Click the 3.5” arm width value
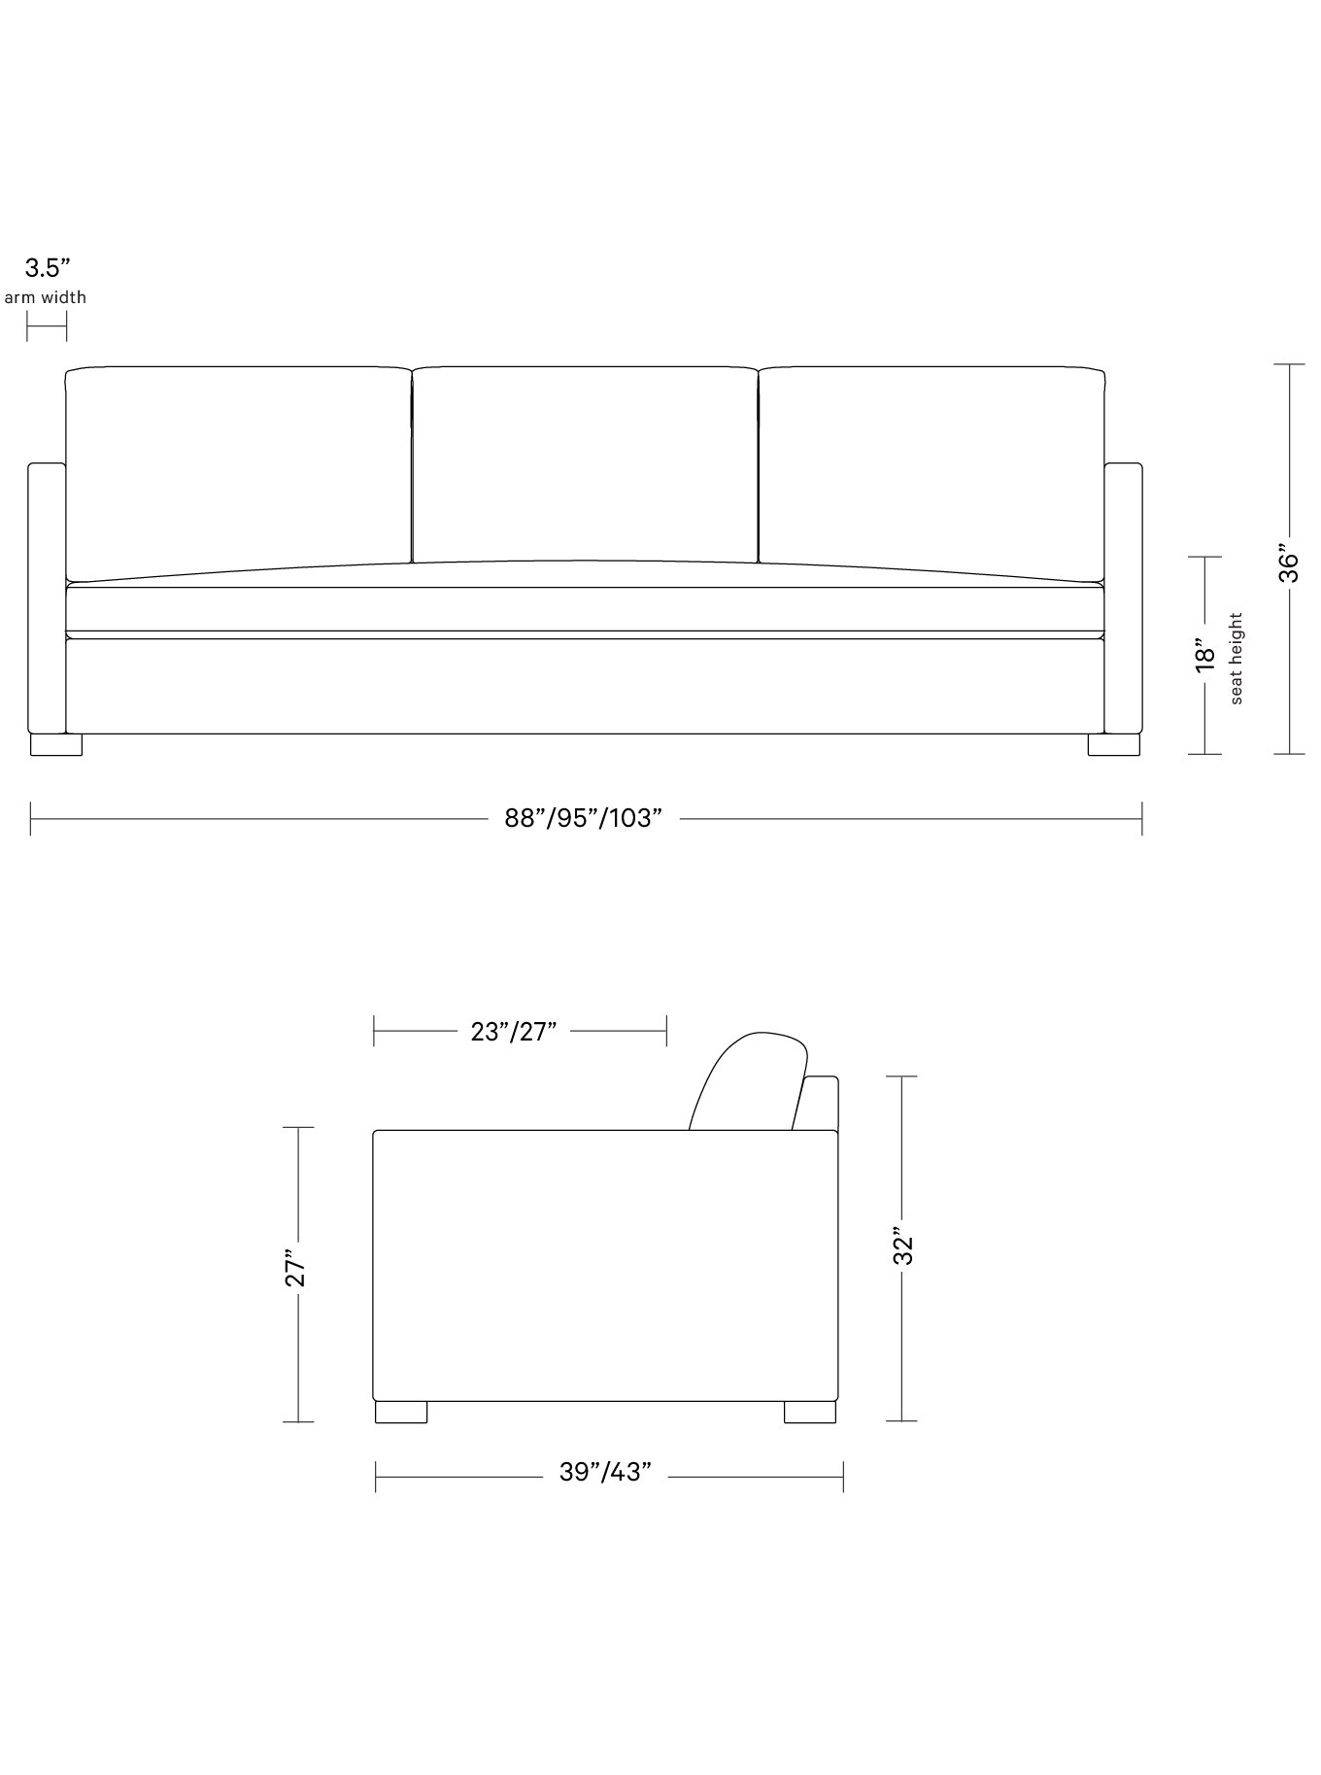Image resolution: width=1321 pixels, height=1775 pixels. coord(48,268)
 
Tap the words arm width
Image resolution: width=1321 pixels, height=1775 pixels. coord(46,297)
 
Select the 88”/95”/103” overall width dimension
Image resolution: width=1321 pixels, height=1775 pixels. coord(583,818)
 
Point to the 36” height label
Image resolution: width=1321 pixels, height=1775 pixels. coord(1288,562)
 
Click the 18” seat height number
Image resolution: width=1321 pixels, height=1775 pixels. coord(1204,655)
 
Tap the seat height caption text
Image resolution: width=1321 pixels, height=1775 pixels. coord(1236,658)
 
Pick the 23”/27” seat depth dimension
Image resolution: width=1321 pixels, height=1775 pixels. coord(514,1031)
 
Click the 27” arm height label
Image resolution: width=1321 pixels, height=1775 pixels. coord(296,1269)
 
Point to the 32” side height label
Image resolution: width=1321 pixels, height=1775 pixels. coord(903,1249)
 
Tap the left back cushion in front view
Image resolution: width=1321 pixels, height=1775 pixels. coord(238,466)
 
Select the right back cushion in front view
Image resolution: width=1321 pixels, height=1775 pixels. coord(931,466)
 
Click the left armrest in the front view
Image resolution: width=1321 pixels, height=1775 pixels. coord(47,597)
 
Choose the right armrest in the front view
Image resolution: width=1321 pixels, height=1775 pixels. coord(1123,597)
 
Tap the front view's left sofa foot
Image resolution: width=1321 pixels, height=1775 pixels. coord(56,744)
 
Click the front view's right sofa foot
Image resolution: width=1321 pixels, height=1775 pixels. coord(1113,744)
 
